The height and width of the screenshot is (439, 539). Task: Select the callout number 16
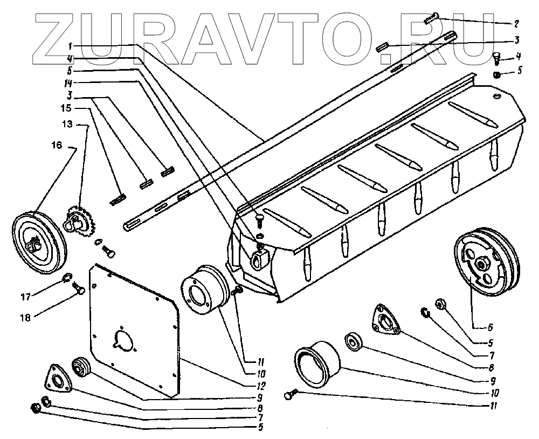(57, 146)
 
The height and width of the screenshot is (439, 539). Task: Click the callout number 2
(516, 24)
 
